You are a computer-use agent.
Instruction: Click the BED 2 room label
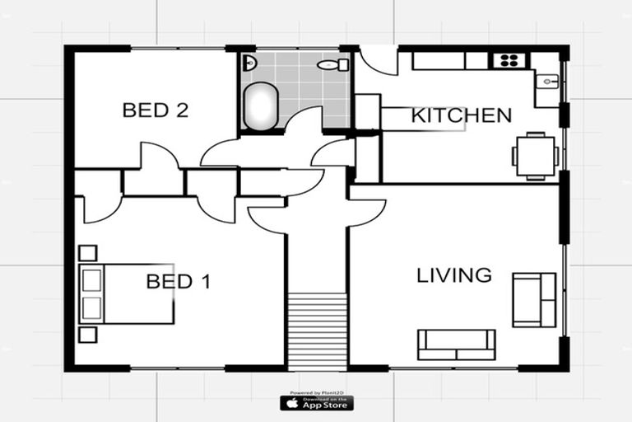tap(156, 110)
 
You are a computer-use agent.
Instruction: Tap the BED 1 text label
tap(179, 282)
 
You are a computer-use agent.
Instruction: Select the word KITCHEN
tap(461, 115)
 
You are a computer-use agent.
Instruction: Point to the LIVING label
tap(454, 275)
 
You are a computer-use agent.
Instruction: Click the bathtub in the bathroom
tap(261, 107)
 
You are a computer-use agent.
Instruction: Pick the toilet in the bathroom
tap(332, 64)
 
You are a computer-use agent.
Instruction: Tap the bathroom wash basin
tap(249, 63)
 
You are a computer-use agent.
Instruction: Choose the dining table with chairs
tap(536, 156)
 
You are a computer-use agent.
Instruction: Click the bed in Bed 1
tap(127, 293)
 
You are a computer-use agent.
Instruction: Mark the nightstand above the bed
tap(87, 253)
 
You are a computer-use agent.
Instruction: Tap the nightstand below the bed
tap(87, 335)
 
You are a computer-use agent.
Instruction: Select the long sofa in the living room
tap(457, 344)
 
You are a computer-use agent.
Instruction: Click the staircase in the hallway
tap(318, 330)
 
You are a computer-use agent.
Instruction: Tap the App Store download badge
tap(317, 403)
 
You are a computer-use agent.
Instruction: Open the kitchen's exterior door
tap(379, 62)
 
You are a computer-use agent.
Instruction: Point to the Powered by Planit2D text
tap(317, 392)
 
